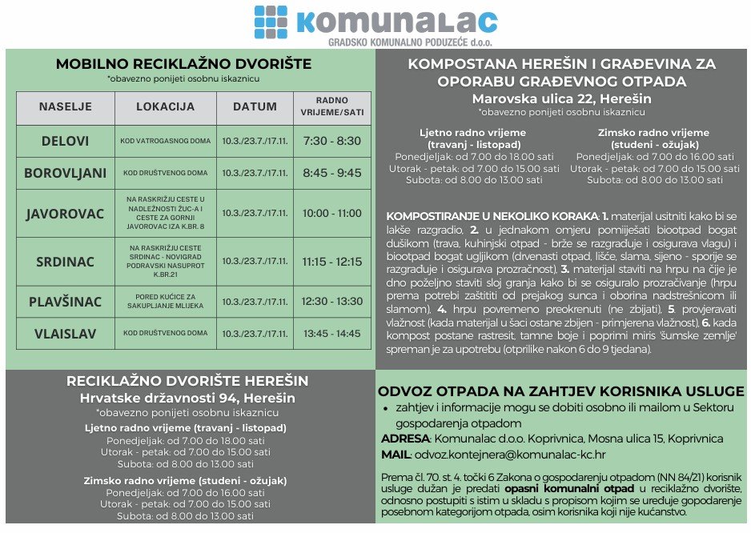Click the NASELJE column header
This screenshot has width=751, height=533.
(66, 106)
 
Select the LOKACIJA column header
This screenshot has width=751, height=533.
(166, 106)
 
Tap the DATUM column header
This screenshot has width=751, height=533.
(255, 106)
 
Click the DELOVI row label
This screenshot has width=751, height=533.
(66, 141)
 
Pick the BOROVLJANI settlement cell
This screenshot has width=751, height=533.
(66, 172)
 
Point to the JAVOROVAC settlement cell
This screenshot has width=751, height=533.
(66, 214)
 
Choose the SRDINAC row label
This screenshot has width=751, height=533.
(66, 261)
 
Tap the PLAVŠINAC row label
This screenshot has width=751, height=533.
(66, 301)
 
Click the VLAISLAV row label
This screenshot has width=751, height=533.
(66, 332)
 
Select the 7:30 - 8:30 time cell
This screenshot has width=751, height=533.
(332, 141)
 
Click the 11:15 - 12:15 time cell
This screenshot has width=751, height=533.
(332, 261)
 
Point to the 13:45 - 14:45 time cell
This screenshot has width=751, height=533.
(332, 332)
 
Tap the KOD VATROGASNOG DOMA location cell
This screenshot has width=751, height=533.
(166, 141)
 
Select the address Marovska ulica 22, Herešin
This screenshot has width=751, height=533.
(561, 98)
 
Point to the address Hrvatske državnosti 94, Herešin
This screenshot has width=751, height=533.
(187, 398)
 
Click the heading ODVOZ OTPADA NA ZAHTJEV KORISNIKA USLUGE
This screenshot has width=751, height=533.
(560, 391)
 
